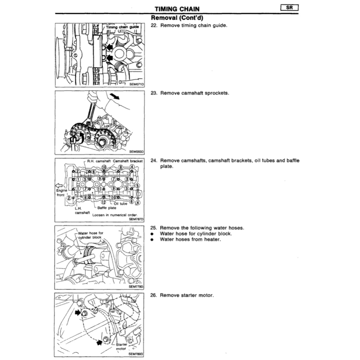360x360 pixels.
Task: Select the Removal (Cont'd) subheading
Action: tap(178, 18)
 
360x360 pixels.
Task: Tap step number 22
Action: tap(153, 26)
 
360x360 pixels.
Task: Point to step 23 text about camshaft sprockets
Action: tap(194, 93)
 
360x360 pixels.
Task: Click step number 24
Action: tap(153, 161)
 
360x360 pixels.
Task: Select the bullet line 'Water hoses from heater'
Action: tap(190, 239)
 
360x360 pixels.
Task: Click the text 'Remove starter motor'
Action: tap(187, 295)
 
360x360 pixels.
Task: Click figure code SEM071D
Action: tap(137, 84)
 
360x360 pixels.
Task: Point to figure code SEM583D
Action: tap(137, 152)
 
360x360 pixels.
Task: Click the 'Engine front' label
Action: tap(61, 193)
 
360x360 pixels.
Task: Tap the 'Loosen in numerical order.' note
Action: tap(115, 214)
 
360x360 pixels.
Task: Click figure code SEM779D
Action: tap(137, 287)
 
